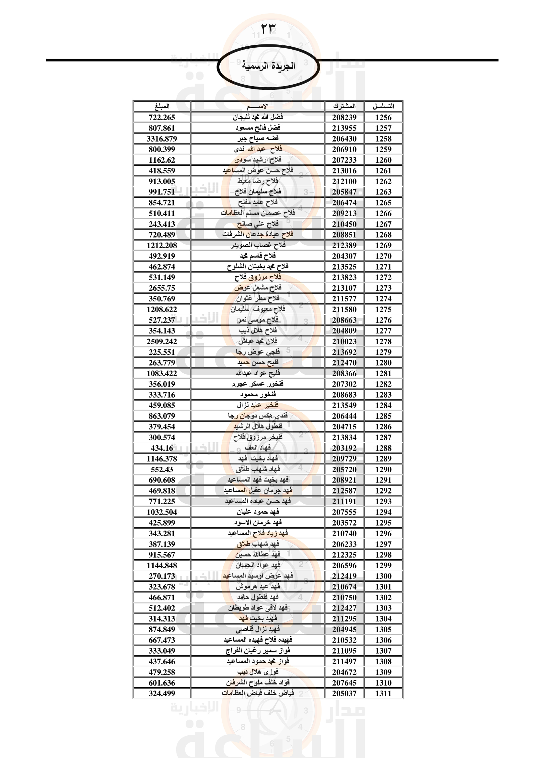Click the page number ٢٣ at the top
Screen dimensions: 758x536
(x=268, y=29)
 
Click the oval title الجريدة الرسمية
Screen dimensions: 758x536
(x=268, y=66)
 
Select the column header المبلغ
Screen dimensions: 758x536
(x=162, y=106)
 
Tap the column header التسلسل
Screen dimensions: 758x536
(x=383, y=106)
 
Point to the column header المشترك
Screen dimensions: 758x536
(x=344, y=106)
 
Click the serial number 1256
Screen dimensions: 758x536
(x=383, y=118)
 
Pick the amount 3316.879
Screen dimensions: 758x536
(x=162, y=139)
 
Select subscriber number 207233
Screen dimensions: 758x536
(x=344, y=160)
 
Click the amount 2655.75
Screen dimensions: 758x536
(x=162, y=288)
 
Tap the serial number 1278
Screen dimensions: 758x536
(x=383, y=341)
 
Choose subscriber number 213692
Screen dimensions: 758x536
(x=344, y=352)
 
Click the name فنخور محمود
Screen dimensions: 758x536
(x=258, y=394)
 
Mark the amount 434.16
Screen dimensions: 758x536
(x=162, y=448)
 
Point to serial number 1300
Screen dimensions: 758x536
(x=383, y=576)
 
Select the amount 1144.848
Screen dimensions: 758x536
(x=162, y=565)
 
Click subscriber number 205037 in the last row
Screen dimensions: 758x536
(x=344, y=693)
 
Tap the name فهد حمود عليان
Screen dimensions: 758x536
(x=258, y=512)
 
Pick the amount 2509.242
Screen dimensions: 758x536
(x=162, y=341)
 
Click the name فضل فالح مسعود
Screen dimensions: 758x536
(x=258, y=128)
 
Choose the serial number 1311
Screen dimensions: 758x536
(x=383, y=693)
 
